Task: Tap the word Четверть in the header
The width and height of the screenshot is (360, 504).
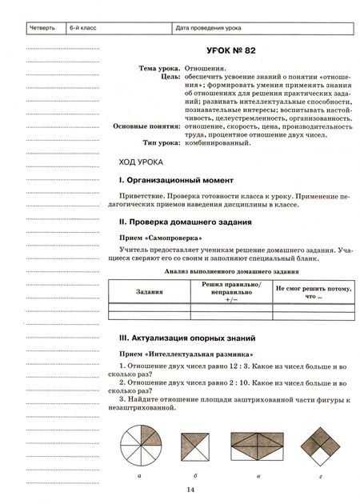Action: click(42, 30)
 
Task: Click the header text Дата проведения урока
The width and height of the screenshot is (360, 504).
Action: click(207, 30)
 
